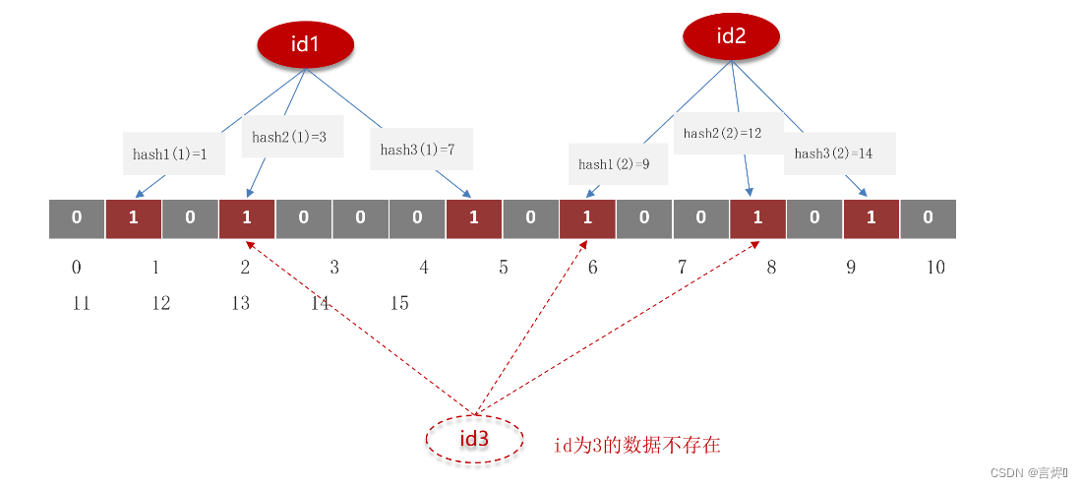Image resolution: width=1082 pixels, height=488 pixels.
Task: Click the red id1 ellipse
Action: (x=304, y=45)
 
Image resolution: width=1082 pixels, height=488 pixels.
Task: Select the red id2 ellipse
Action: (x=731, y=37)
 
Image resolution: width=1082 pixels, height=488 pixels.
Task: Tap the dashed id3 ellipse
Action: (x=474, y=440)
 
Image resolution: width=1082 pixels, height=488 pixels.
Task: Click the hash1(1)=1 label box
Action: (x=170, y=153)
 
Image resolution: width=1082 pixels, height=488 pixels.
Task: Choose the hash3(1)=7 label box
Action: (x=420, y=150)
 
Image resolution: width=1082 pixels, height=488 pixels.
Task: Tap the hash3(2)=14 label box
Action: (x=839, y=153)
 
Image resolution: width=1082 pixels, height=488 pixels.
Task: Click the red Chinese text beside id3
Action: (x=636, y=446)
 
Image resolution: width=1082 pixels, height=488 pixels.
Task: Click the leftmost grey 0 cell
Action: (x=77, y=218)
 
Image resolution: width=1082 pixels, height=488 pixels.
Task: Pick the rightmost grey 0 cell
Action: (x=928, y=218)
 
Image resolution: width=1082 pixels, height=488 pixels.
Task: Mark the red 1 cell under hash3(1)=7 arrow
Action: (x=473, y=218)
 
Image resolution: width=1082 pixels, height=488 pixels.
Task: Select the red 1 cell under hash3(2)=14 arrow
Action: (x=871, y=218)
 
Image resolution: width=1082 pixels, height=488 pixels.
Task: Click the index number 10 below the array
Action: (x=934, y=267)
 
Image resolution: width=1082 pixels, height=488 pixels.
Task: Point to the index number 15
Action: (x=398, y=303)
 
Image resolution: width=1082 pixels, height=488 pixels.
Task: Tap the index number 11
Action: (x=81, y=303)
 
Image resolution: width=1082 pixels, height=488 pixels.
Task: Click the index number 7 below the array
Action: (x=681, y=267)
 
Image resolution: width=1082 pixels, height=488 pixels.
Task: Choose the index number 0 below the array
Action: (x=77, y=267)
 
